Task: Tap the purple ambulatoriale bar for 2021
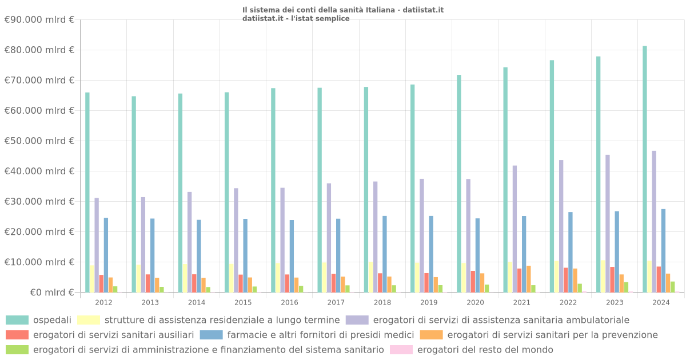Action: (514, 229)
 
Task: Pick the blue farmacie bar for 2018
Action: (385, 254)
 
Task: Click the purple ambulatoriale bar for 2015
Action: (236, 241)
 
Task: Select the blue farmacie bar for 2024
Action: (663, 251)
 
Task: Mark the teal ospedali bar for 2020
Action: (459, 183)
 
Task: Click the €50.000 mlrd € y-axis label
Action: (39, 141)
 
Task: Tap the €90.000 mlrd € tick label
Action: (39, 19)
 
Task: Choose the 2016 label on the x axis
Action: (289, 302)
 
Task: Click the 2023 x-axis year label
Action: (615, 302)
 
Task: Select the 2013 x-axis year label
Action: (150, 302)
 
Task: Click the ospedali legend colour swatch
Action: (17, 320)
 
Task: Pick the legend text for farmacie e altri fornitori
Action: (320, 335)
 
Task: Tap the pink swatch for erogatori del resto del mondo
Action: (401, 350)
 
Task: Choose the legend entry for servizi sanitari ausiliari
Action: (113, 335)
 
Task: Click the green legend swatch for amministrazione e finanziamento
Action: (17, 350)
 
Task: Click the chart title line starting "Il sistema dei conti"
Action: (343, 10)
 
